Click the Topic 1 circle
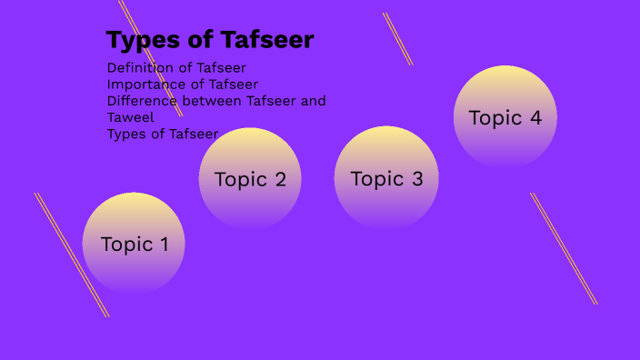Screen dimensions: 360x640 click(x=134, y=244)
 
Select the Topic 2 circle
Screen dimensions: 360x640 click(x=250, y=179)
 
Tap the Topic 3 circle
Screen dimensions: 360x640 click(x=386, y=178)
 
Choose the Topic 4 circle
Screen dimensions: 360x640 click(x=505, y=117)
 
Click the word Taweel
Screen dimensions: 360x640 click(x=131, y=117)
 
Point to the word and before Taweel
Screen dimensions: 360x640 click(x=313, y=101)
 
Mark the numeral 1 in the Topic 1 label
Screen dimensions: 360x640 click(x=164, y=245)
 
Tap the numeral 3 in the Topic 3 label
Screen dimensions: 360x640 click(x=417, y=179)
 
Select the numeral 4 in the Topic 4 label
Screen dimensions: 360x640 click(x=535, y=118)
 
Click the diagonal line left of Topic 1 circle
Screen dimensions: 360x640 click(x=72, y=255)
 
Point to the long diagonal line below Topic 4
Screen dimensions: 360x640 click(x=564, y=248)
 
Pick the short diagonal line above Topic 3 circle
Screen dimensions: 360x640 click(x=397, y=38)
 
